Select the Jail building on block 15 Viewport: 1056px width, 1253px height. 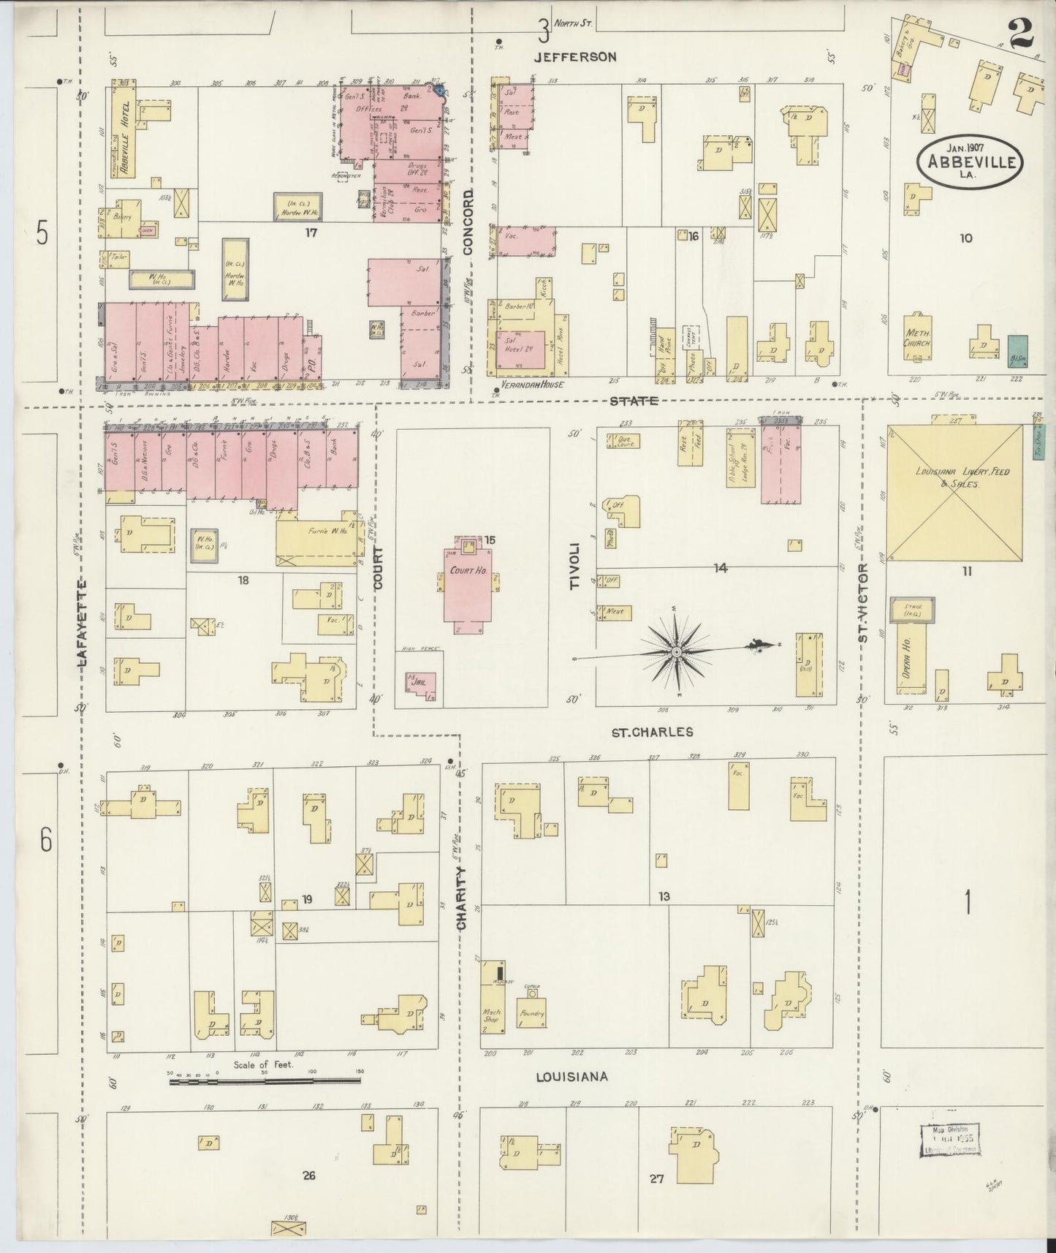click(x=422, y=685)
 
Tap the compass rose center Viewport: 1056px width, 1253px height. click(x=677, y=650)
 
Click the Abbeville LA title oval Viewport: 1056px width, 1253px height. click(x=971, y=162)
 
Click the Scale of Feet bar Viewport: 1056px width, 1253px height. click(x=264, y=1080)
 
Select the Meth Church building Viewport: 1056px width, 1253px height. click(x=917, y=338)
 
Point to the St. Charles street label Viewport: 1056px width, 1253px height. click(x=653, y=731)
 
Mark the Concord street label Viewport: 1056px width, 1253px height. click(x=468, y=222)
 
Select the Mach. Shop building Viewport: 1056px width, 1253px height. click(x=491, y=1016)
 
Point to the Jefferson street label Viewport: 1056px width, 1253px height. click(x=574, y=56)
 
